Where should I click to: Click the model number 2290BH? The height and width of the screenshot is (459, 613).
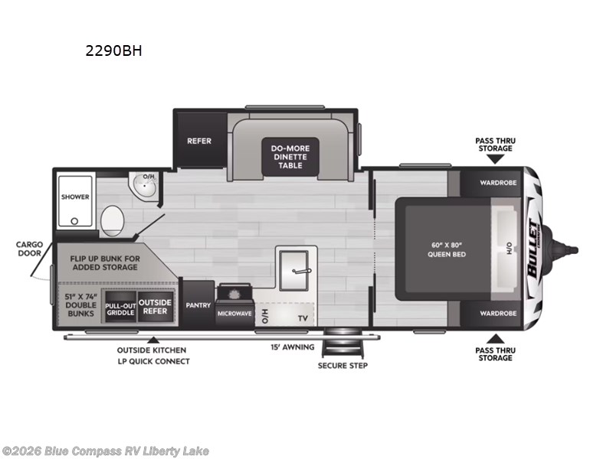point(113,51)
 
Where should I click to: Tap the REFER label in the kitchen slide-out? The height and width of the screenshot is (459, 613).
point(199,141)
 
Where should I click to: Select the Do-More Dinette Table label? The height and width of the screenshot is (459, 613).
point(290,156)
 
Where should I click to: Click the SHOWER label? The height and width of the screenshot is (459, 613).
point(75,197)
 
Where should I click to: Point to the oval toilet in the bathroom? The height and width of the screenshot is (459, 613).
point(112,220)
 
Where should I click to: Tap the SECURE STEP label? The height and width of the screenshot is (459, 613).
point(343,366)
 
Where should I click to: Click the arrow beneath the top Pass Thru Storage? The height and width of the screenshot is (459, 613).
point(495,159)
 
